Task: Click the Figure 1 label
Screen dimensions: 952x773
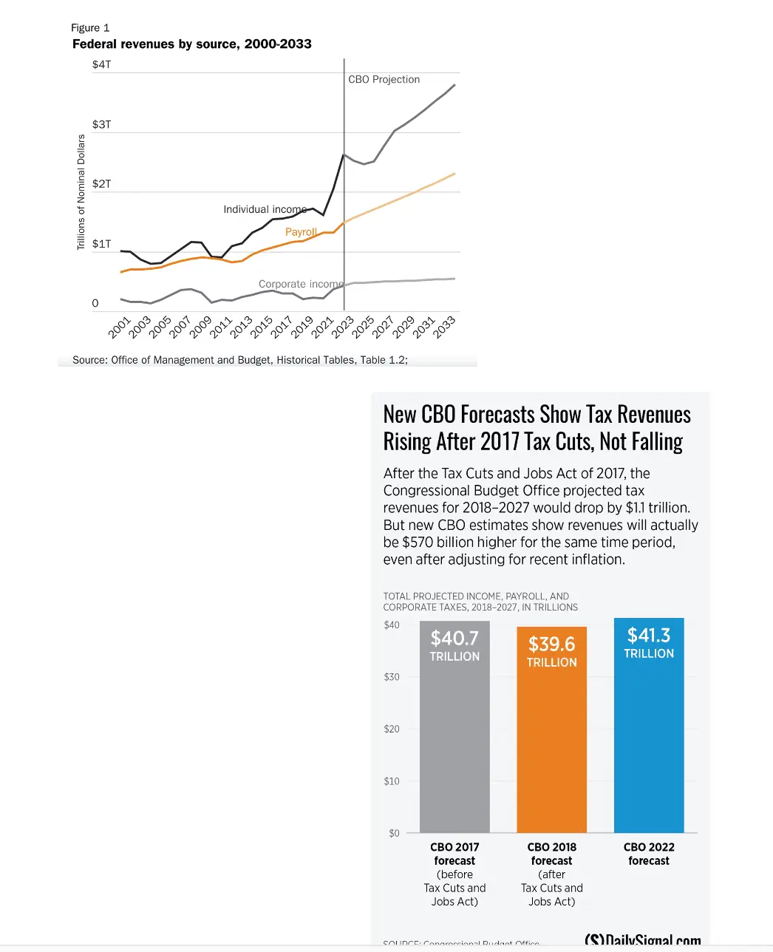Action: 90,28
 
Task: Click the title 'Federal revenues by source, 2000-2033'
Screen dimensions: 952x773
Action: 191,44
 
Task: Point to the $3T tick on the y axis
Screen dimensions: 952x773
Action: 101,124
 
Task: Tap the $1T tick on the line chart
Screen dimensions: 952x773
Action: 101,244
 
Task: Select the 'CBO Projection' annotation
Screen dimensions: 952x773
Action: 384,80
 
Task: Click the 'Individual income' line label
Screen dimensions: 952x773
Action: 265,210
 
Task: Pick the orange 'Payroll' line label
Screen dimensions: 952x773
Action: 301,232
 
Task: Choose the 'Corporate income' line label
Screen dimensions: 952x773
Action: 301,284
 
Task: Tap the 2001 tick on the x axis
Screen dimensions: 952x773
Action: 119,327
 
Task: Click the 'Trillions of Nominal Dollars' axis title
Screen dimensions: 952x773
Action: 81,192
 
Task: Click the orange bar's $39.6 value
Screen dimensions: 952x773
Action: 551,645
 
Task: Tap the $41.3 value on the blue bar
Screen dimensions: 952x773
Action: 649,636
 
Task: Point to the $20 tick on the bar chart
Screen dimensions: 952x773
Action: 392,729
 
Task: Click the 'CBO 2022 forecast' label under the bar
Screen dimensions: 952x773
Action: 649,854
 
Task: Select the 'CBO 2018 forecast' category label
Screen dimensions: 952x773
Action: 551,854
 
